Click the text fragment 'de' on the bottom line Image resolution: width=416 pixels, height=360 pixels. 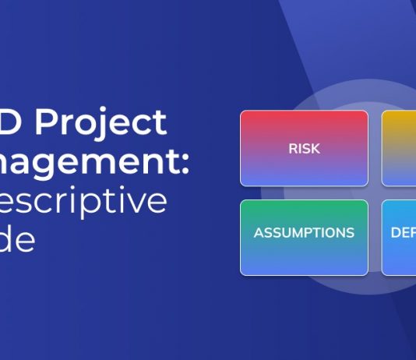coord(18,240)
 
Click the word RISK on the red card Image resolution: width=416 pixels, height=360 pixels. coord(304,148)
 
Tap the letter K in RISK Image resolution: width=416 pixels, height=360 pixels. coord(315,148)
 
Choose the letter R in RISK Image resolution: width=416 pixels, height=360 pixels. coord(292,148)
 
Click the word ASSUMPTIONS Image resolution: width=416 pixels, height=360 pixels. coord(304,233)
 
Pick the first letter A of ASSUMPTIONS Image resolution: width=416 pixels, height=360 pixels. coord(259,233)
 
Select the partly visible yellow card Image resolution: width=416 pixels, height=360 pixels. coord(399,148)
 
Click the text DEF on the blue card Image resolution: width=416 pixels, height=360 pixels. coord(402,233)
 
